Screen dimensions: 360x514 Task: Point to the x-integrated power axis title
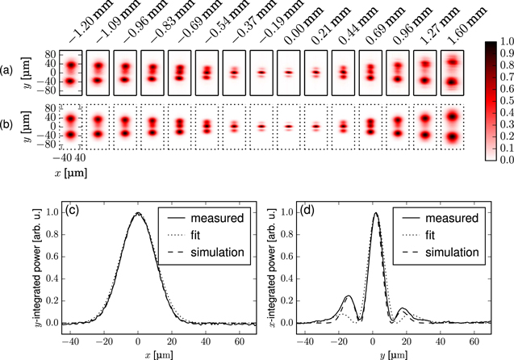click(x=262, y=269)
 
